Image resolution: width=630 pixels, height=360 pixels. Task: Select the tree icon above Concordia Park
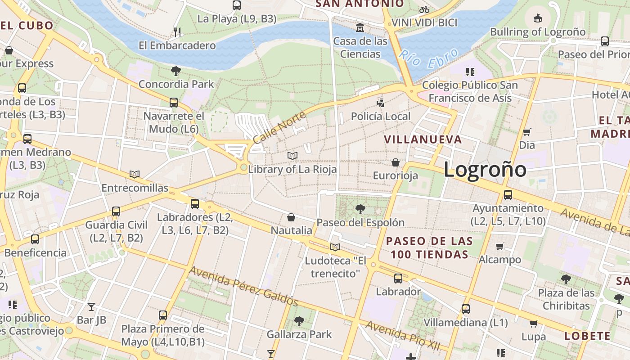point(176,71)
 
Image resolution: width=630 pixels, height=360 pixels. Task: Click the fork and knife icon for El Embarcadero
point(177,32)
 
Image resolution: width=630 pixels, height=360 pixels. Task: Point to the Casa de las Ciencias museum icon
point(360,28)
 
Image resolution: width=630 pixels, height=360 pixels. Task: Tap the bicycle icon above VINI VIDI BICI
point(424,9)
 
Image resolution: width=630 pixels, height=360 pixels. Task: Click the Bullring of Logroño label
point(538,32)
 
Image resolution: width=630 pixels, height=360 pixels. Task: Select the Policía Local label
point(381,117)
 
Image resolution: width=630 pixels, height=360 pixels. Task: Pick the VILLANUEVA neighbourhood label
point(423,139)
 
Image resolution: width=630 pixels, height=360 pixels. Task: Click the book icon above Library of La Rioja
point(292,156)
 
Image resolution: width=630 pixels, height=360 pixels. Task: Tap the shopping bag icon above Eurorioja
point(396,162)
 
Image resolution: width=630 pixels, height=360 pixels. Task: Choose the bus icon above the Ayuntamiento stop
point(508,195)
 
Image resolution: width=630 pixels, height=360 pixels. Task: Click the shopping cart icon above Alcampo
point(499,246)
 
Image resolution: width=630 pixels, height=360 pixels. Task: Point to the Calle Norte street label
point(279,127)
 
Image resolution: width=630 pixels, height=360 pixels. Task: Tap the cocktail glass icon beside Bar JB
point(91,307)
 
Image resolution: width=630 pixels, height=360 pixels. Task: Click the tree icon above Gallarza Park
point(299,321)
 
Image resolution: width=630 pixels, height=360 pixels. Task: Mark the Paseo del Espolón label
point(360,222)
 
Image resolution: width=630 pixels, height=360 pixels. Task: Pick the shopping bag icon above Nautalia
point(291,218)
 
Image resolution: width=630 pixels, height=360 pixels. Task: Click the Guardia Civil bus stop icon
point(116,211)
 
